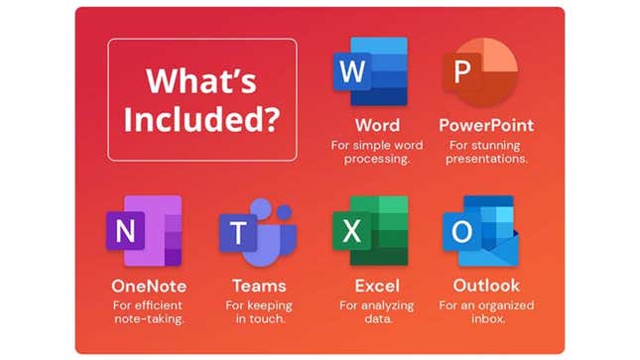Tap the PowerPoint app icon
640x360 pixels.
click(479, 71)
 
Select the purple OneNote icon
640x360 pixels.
click(143, 232)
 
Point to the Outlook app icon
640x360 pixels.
click(477, 232)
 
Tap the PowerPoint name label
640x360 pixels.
click(486, 126)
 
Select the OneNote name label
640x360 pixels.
click(149, 287)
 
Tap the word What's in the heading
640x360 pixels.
click(201, 80)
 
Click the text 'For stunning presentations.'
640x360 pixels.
click(486, 152)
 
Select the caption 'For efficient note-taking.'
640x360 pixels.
click(149, 312)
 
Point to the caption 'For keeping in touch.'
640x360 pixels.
click(257, 312)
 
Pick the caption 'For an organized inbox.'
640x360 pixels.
click(486, 312)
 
